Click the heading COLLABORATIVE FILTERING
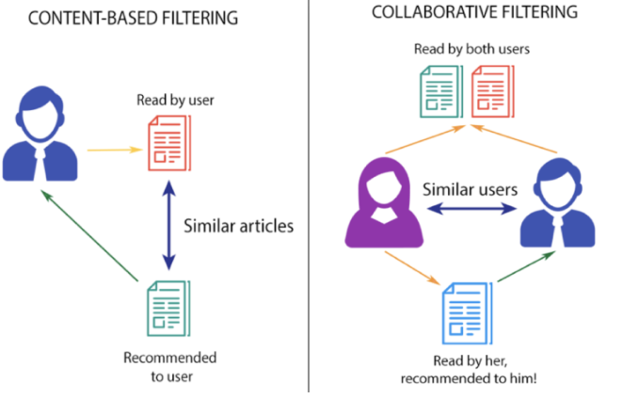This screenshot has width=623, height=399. (x=467, y=14)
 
